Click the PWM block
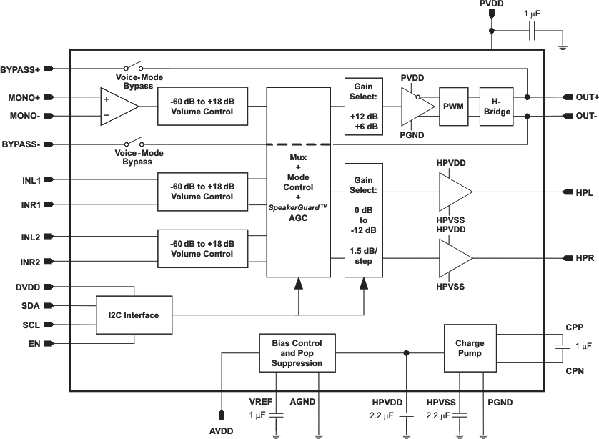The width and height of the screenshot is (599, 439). (453, 107)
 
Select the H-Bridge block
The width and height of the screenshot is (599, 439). (495, 107)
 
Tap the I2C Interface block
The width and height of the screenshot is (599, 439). (134, 315)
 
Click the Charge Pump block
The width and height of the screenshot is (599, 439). (470, 348)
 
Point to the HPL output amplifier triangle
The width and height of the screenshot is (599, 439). (455, 192)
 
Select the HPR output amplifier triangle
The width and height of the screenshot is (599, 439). (455, 257)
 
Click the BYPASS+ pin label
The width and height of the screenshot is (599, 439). (21, 69)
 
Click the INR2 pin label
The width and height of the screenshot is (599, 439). (30, 262)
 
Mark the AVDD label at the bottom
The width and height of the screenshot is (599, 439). (222, 431)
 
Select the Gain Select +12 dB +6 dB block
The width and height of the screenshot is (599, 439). (364, 107)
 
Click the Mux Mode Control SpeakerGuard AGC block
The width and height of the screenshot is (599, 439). (299, 182)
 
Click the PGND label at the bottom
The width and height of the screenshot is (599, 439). (500, 403)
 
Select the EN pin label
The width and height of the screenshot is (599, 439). (35, 344)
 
